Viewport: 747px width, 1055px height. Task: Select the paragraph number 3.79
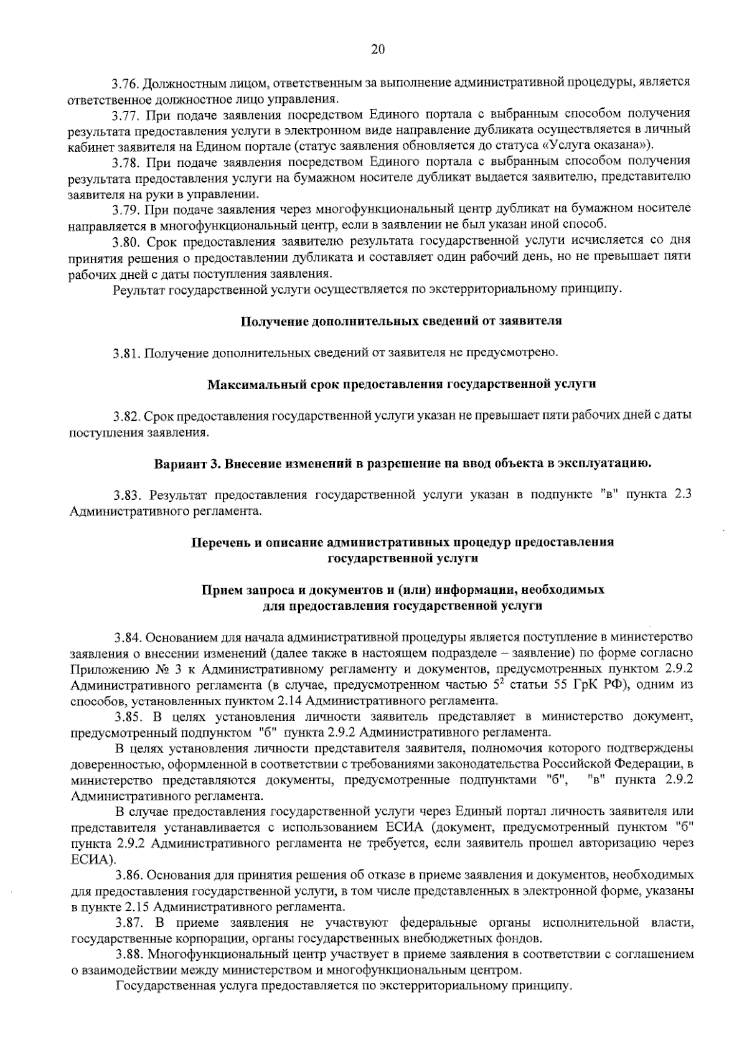pos(127,209)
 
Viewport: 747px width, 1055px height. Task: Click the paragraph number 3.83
pos(129,495)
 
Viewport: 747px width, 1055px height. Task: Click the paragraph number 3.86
pos(129,875)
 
